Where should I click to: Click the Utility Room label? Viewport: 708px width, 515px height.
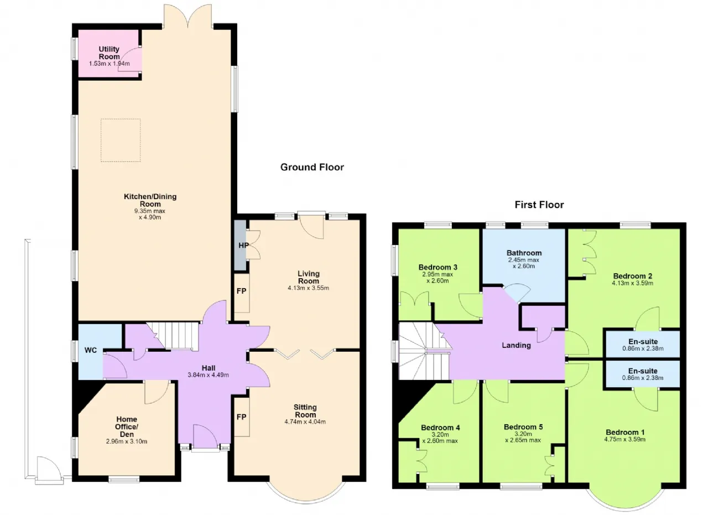[x=109, y=53]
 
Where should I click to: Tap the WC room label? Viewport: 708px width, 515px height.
[x=90, y=350]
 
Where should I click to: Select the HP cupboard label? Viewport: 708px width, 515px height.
[x=243, y=245]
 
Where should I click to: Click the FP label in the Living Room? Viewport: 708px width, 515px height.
[x=242, y=291]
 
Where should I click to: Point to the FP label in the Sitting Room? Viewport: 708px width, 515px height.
[x=242, y=417]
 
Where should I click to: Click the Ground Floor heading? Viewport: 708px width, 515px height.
[x=312, y=167]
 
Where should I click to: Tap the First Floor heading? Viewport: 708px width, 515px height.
[x=539, y=205]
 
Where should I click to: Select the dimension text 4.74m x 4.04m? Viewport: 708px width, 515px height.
[x=305, y=422]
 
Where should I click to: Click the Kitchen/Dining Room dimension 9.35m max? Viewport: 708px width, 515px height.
[x=150, y=211]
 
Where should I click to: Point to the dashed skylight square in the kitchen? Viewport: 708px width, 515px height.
[x=121, y=119]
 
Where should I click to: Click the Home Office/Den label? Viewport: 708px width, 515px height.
[x=127, y=426]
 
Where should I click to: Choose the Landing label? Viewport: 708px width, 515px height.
[x=517, y=345]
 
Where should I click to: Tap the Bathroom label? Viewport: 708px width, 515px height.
[x=524, y=253]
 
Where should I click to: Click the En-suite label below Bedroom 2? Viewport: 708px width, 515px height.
[x=643, y=341]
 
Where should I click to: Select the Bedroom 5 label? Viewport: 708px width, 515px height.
[x=523, y=427]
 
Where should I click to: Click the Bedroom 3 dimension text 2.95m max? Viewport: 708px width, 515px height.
[x=438, y=274]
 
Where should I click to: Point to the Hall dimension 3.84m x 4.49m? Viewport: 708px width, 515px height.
[x=209, y=375]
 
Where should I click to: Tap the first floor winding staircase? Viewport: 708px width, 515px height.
[x=424, y=351]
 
